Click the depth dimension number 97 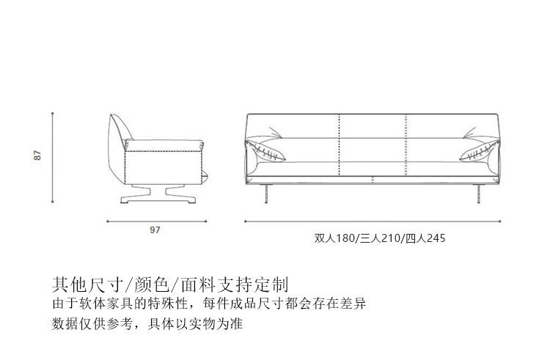click(155, 229)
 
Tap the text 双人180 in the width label click(334, 238)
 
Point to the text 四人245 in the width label click(425, 238)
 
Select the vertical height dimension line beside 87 click(53, 157)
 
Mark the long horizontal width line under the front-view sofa click(374, 221)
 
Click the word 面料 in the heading click(200, 284)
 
